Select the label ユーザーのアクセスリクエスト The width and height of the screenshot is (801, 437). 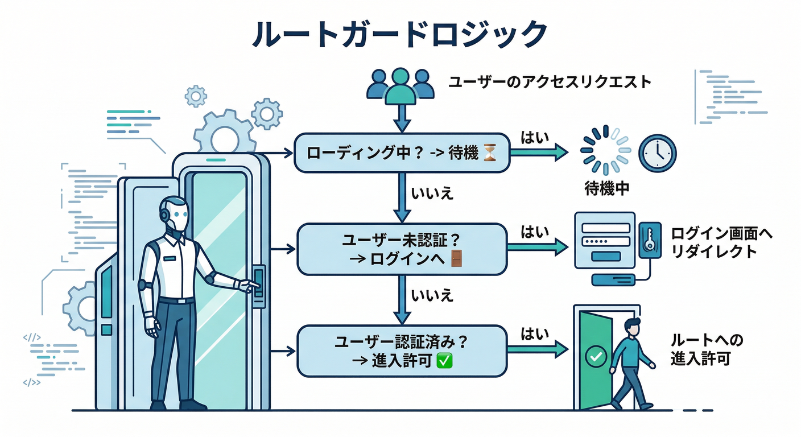pyautogui.click(x=550, y=82)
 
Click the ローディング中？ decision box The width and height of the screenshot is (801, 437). pyautogui.click(x=402, y=152)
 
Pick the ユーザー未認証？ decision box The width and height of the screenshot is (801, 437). pyautogui.click(x=402, y=249)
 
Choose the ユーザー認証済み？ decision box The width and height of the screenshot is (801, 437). pyautogui.click(x=402, y=351)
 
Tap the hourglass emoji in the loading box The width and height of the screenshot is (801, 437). pyautogui.click(x=490, y=152)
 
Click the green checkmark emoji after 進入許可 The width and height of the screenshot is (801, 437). pyautogui.click(x=443, y=360)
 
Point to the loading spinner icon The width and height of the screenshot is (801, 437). pyautogui.click(x=606, y=150)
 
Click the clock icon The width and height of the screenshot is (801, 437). pyautogui.click(x=657, y=152)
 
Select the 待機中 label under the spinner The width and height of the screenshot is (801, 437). pyautogui.click(x=607, y=188)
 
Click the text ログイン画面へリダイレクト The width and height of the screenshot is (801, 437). pyautogui.click(x=722, y=242)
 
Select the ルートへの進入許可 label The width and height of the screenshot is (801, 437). pyautogui.click(x=707, y=349)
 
